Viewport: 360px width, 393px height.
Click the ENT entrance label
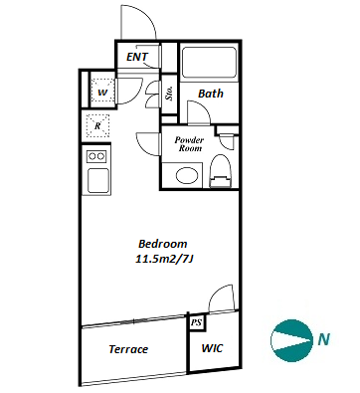tap(137, 57)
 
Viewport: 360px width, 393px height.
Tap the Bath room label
tap(211, 94)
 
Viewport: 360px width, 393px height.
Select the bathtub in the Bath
tap(209, 63)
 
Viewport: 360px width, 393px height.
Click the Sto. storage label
tap(169, 94)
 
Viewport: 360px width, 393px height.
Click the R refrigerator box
tap(97, 126)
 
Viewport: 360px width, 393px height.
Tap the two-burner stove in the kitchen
tap(96, 156)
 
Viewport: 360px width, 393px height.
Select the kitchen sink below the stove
tap(97, 180)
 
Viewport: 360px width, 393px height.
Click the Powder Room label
tap(189, 144)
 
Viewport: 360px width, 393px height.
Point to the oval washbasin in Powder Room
tap(187, 176)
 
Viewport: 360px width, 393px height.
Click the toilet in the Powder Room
tap(221, 171)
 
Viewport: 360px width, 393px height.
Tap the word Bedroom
tap(162, 244)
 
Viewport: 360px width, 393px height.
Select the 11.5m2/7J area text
tap(164, 259)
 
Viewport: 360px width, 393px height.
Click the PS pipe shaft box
tap(197, 322)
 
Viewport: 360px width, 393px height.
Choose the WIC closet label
tap(212, 348)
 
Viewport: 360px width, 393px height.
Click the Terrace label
tap(128, 349)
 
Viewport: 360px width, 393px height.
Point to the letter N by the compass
tap(323, 339)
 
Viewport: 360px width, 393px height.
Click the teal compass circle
tap(292, 340)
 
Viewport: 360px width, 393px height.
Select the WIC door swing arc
tap(217, 292)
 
